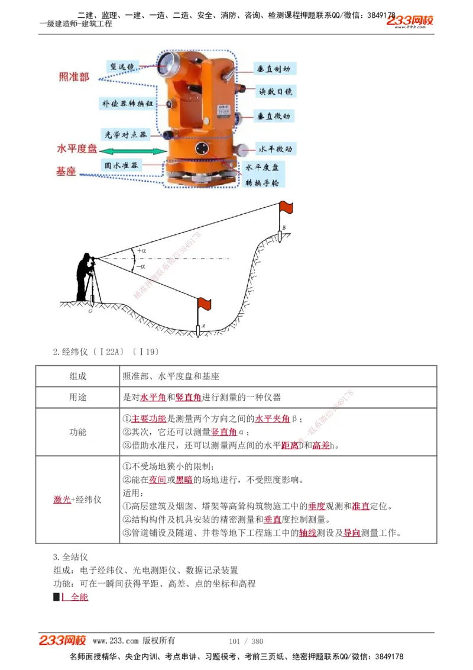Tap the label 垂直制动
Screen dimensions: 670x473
coord(273,69)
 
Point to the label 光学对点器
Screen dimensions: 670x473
coord(125,134)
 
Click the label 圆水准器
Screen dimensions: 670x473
coord(121,166)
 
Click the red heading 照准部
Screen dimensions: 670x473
coord(74,77)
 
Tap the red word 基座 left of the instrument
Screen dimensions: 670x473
coord(66,172)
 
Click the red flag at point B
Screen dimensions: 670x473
coord(286,207)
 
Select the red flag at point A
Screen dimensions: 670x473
coord(204,304)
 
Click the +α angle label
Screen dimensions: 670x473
coord(141,250)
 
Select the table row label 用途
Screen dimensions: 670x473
coord(77,397)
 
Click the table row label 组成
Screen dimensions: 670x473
coord(77,376)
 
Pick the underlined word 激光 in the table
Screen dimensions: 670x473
coord(61,500)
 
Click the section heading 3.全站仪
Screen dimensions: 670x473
coord(70,557)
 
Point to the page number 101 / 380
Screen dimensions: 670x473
coord(246,641)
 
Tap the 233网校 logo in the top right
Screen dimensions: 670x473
coord(410,21)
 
